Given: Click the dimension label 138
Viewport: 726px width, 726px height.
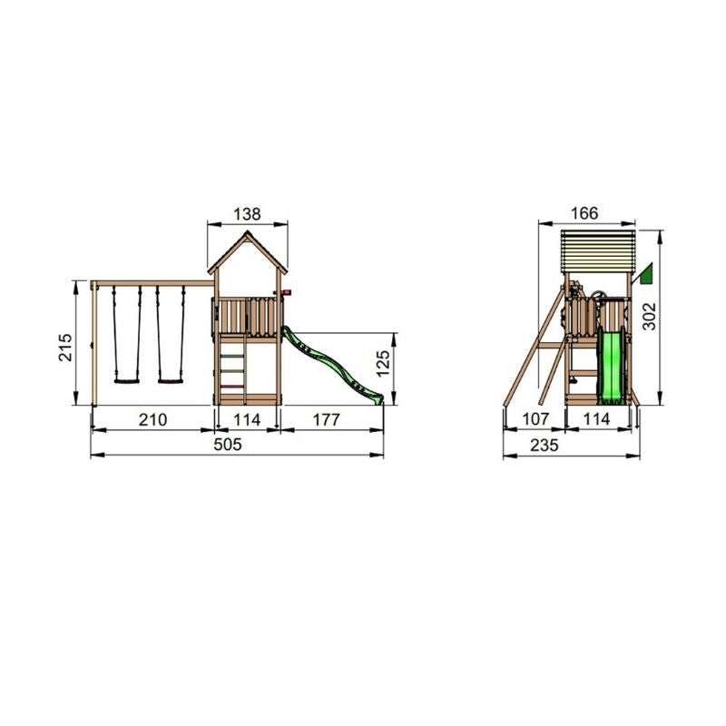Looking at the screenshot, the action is pos(247,214).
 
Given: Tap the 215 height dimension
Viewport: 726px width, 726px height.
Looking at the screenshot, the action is pos(64,348).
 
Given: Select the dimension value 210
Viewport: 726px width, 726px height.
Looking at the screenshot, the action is pos(152,419).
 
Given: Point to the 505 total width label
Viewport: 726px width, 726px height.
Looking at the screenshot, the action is pos(228,445).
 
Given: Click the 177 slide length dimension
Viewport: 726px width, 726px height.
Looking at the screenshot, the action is pos(327,419).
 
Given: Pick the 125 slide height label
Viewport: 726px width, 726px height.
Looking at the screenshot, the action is pos(383,364).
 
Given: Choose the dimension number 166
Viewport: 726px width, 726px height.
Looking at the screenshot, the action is pos(584,213).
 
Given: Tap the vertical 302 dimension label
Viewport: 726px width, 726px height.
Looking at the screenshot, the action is pos(649,316).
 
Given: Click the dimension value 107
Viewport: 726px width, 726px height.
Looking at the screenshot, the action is pos(535,419).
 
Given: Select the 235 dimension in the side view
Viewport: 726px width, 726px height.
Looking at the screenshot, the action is pos(544,445).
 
